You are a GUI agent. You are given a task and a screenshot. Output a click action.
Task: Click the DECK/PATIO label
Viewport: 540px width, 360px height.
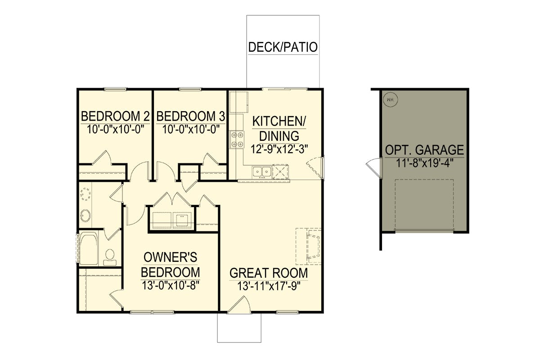pyautogui.click(x=283, y=47)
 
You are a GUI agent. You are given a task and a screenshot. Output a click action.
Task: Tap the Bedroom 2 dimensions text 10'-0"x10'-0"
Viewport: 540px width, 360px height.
pyautogui.click(x=115, y=130)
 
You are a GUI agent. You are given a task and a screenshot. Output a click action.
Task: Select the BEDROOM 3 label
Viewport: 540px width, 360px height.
pyautogui.click(x=191, y=116)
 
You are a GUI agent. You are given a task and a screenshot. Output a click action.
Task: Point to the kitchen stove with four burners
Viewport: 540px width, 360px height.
pyautogui.click(x=237, y=139)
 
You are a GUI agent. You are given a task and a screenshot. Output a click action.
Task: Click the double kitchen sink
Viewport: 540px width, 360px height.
pyautogui.click(x=262, y=172)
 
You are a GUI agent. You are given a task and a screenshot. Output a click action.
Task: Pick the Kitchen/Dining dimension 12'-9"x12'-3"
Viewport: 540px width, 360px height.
pyautogui.click(x=279, y=149)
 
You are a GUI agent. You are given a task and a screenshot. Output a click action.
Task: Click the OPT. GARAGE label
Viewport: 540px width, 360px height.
pyautogui.click(x=424, y=150)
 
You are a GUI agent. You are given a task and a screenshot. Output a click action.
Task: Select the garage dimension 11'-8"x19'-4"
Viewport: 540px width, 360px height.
pyautogui.click(x=425, y=163)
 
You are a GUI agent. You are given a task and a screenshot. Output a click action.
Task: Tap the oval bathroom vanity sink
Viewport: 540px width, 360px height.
pyautogui.click(x=85, y=215)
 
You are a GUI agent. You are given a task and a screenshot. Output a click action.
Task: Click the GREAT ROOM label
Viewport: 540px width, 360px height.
pyautogui.click(x=269, y=273)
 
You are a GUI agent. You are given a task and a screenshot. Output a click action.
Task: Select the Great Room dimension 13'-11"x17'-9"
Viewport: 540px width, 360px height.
pyautogui.click(x=269, y=287)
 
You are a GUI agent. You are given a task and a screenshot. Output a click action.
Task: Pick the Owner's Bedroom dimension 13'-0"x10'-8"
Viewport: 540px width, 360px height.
pyautogui.click(x=171, y=286)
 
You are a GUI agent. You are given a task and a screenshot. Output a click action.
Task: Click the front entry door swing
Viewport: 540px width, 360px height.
pyautogui.click(x=239, y=304)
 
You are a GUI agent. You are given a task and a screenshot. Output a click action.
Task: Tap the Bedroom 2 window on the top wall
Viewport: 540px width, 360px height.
pyautogui.click(x=115, y=89)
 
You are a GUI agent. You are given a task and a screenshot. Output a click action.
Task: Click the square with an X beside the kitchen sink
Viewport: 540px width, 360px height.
pyautogui.click(x=280, y=172)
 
